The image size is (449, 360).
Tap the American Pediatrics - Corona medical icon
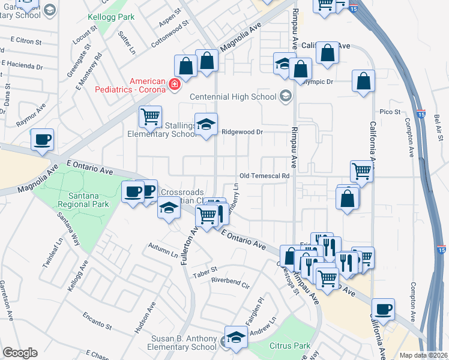click(175, 85)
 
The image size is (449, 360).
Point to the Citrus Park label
click(290, 346)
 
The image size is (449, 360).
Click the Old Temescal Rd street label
click(265, 176)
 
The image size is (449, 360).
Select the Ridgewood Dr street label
click(243, 131)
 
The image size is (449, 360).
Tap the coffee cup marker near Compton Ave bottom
click(382, 309)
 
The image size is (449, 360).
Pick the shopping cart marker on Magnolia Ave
click(149, 116)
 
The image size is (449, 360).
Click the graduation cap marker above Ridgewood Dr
click(206, 124)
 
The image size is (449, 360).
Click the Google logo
click(20, 353)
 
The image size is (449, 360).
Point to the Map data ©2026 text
click(423, 355)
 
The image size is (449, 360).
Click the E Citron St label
click(26, 42)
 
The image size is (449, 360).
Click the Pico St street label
click(390, 112)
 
